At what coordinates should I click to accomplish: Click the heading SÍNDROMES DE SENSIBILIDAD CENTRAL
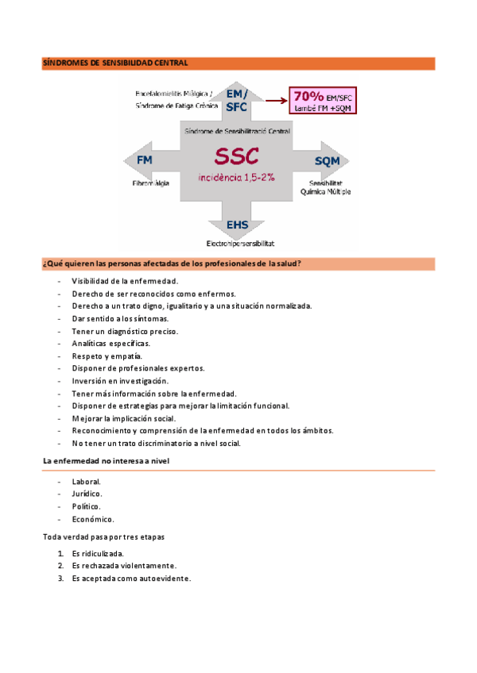pyautogui.click(x=114, y=63)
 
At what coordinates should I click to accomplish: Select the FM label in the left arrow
pyautogui.click(x=145, y=160)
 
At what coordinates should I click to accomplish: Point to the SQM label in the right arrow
pyautogui.click(x=327, y=161)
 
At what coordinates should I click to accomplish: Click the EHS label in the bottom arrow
pyautogui.click(x=238, y=225)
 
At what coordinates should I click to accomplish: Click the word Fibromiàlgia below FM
pyautogui.click(x=151, y=183)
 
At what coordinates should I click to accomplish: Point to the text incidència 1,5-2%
pyautogui.click(x=236, y=177)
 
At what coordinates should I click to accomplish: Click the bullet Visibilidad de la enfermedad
pyautogui.click(x=124, y=281)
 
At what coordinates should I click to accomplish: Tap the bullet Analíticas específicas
pyautogui.click(x=111, y=344)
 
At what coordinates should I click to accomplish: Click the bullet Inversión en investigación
pyautogui.click(x=120, y=381)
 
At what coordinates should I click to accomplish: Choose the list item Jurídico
pyautogui.click(x=87, y=494)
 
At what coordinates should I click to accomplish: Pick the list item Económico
pyautogui.click(x=92, y=519)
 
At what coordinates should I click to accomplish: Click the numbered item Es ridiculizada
pyautogui.click(x=97, y=553)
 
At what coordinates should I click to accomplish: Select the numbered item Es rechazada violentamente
pyautogui.click(x=123, y=566)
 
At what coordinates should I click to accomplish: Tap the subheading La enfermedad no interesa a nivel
pyautogui.click(x=106, y=460)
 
